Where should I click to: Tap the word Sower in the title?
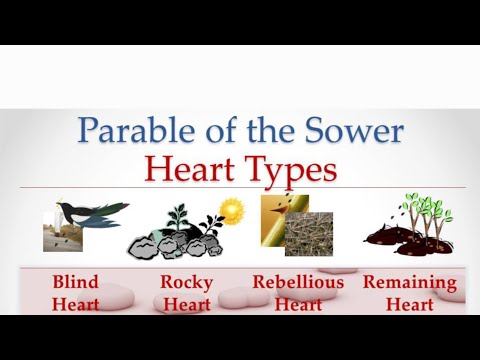click(356, 131)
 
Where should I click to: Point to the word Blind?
click(75, 281)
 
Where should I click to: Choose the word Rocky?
click(186, 281)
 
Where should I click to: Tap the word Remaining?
click(409, 281)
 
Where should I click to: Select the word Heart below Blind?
click(75, 304)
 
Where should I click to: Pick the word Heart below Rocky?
click(186, 304)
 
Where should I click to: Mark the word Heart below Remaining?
click(409, 304)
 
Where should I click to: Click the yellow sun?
click(233, 211)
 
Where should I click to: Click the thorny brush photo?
click(309, 234)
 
